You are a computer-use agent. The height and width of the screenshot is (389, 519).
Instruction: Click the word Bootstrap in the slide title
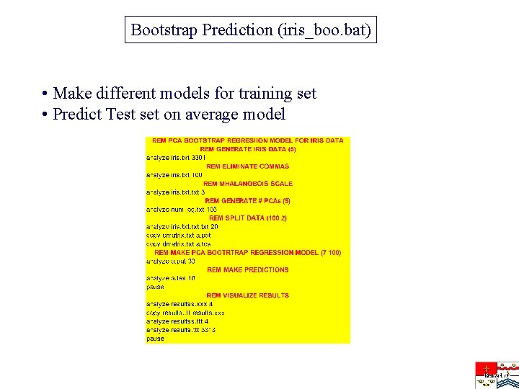pos(164,30)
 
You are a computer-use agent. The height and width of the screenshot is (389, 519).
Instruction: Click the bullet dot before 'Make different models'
pos(45,94)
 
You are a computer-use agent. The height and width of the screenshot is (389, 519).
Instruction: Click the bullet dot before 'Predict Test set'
pos(45,115)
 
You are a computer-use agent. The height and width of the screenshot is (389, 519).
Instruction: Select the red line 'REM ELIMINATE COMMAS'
pos(247,166)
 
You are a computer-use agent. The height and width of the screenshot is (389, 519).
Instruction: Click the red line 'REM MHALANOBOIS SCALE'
pos(247,184)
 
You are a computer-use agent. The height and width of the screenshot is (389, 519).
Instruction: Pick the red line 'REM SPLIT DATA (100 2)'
pos(247,218)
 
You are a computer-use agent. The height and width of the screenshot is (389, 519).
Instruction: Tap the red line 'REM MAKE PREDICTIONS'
pos(247,269)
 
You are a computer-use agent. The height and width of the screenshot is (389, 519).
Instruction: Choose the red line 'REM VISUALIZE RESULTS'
pos(247,295)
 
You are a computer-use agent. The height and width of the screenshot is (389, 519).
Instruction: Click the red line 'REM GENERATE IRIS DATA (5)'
pos(247,149)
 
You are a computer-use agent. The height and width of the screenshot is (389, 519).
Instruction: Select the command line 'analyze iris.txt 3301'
pos(176,157)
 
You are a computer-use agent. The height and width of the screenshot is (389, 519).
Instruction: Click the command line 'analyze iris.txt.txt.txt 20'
pos(182,226)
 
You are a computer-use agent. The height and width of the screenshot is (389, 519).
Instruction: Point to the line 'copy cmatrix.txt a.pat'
pos(178,235)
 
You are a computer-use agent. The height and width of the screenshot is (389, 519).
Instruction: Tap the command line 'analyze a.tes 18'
pos(170,278)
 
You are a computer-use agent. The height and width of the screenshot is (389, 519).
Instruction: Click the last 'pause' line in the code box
pos(155,338)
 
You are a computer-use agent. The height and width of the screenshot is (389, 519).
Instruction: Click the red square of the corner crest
pos(485,367)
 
